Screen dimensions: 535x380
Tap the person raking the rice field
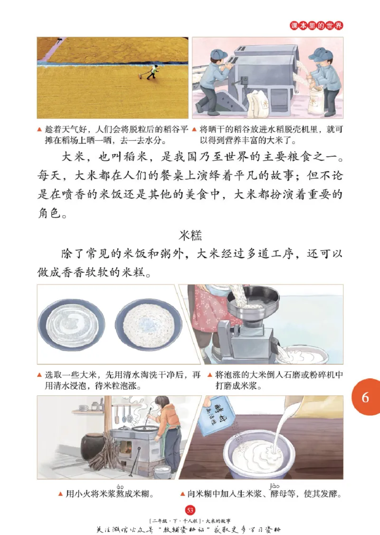click(x=152, y=72)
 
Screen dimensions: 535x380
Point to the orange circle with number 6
click(x=365, y=397)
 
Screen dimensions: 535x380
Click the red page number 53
click(x=190, y=510)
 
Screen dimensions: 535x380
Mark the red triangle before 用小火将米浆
click(x=60, y=495)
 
